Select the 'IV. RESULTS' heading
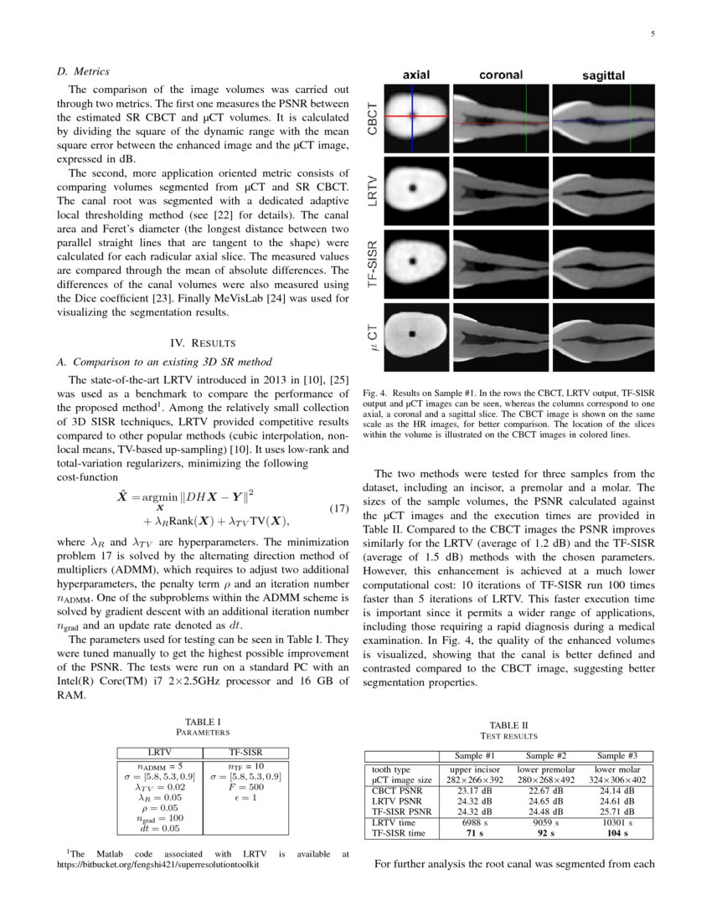pyautogui.click(x=200, y=342)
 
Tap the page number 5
pyautogui.click(x=652, y=34)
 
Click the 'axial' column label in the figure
pyautogui.click(x=416, y=75)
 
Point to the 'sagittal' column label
pyautogui.click(x=603, y=76)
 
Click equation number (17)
pyautogui.click(x=335, y=509)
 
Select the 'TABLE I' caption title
pyautogui.click(x=202, y=721)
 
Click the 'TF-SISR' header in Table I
pyautogui.click(x=245, y=753)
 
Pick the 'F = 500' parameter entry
pyautogui.click(x=245, y=787)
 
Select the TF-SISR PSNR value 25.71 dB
pyautogui.click(x=621, y=810)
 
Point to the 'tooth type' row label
pyautogui.click(x=390, y=769)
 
